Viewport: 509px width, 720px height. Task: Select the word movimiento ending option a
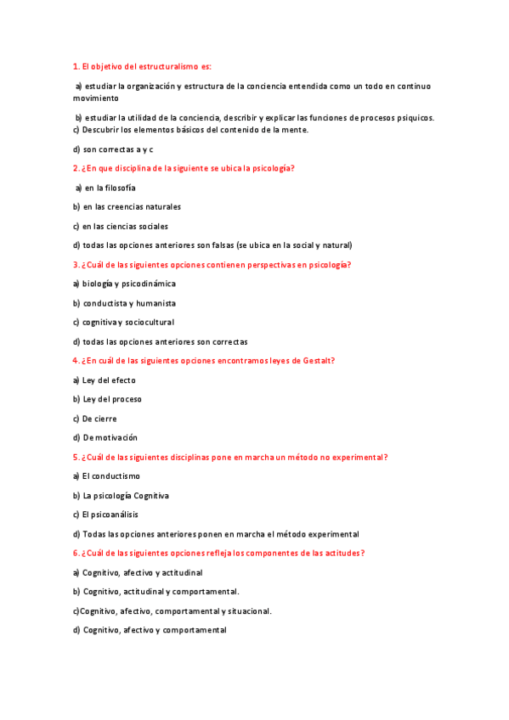click(x=95, y=98)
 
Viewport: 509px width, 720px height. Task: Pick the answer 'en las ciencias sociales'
click(x=125, y=226)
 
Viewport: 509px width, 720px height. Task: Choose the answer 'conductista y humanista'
click(x=129, y=303)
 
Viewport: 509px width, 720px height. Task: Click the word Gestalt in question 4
click(x=318, y=361)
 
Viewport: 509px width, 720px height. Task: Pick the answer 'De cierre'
click(x=99, y=419)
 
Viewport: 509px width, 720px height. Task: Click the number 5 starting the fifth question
click(x=75, y=457)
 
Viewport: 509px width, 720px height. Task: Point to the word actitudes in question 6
click(x=340, y=553)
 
